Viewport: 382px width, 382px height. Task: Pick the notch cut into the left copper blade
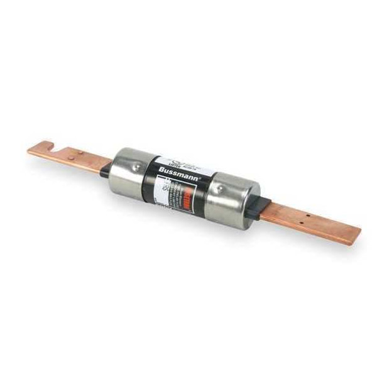[x=50, y=150]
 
